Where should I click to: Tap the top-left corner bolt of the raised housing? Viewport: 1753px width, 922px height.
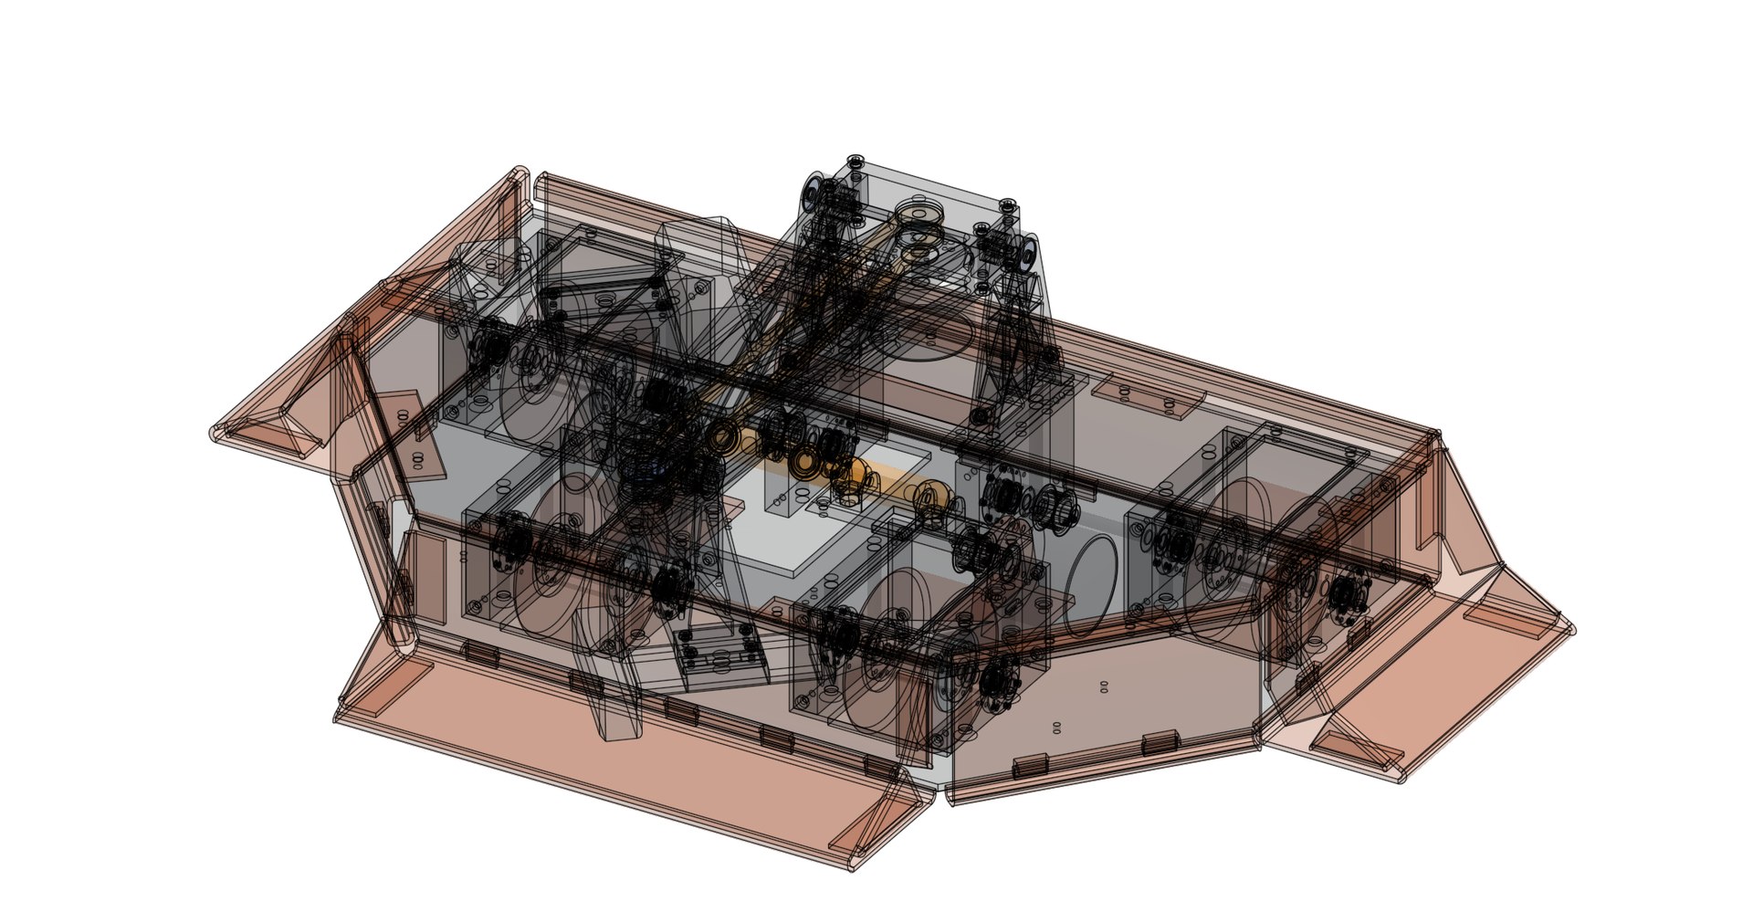[855, 162]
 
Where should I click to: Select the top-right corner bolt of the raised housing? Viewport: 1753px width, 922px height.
[1007, 206]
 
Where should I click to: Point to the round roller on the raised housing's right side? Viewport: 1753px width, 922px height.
[1030, 252]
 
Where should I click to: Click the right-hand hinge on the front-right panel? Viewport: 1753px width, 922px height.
[1158, 740]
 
